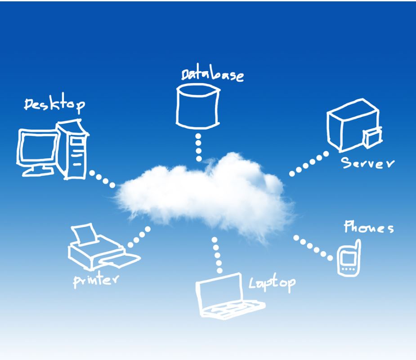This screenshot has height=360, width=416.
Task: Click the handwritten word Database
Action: (212, 75)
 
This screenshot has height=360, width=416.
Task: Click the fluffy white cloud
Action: (202, 196)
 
